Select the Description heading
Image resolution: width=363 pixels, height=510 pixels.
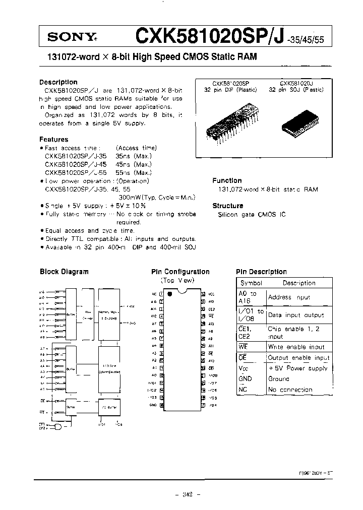[x=58, y=82]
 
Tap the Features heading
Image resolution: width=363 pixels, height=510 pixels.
[x=53, y=139]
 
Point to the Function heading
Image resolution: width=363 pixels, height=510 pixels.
[x=227, y=180]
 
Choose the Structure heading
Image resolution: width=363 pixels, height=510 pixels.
[x=228, y=206]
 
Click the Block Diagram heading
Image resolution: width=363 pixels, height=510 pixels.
[x=64, y=271]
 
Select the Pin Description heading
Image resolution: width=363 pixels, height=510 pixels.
[x=261, y=272]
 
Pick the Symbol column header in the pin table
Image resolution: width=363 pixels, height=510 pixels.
[x=251, y=283]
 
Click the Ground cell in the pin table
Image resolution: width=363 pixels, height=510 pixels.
[x=279, y=379]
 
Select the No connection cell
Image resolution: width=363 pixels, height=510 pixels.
[x=290, y=390]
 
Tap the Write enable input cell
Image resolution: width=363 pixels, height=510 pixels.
[x=296, y=347]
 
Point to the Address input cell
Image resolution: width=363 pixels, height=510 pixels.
[x=289, y=297]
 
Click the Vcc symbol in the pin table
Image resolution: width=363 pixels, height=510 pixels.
[x=246, y=368]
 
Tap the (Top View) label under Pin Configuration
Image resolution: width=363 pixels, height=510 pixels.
[x=177, y=280]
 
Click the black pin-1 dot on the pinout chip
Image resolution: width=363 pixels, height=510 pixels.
[x=170, y=293]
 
